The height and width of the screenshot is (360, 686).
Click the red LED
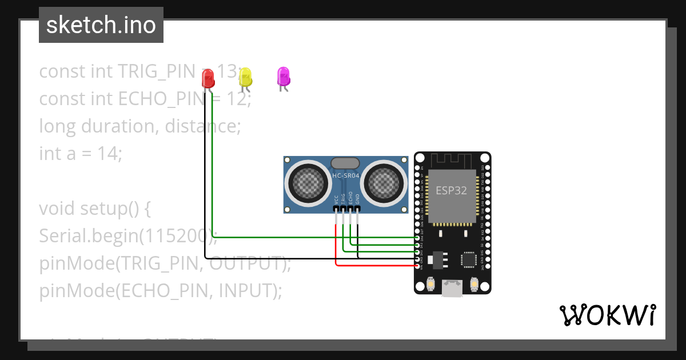[208, 78]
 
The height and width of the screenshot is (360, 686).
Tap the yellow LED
[245, 77]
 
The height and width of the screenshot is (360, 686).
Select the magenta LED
[283, 76]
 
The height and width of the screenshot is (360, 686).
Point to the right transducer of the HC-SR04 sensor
[384, 182]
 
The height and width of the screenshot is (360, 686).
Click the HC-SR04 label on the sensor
[346, 176]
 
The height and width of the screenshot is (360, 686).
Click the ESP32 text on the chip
[451, 190]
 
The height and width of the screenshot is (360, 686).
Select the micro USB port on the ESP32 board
[452, 289]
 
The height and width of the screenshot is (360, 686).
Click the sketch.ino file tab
[101, 25]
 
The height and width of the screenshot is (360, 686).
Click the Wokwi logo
[607, 315]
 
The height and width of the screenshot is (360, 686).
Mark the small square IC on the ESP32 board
[469, 260]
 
